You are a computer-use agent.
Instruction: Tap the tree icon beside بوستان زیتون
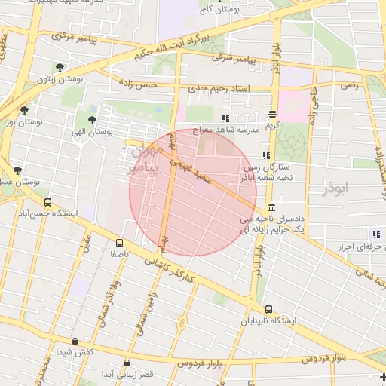(x=60, y=68)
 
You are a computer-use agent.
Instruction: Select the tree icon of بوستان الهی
(x=92, y=119)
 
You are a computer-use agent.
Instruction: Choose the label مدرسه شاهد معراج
(x=237, y=130)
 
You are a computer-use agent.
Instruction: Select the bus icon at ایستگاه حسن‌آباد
(x=48, y=202)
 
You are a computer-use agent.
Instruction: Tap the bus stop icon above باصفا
(x=120, y=243)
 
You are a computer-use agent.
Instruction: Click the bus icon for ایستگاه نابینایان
(x=269, y=309)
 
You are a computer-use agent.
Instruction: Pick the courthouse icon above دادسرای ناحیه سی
(x=271, y=207)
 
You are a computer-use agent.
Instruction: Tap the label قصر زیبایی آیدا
(x=128, y=374)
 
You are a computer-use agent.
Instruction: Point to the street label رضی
(x=348, y=85)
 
